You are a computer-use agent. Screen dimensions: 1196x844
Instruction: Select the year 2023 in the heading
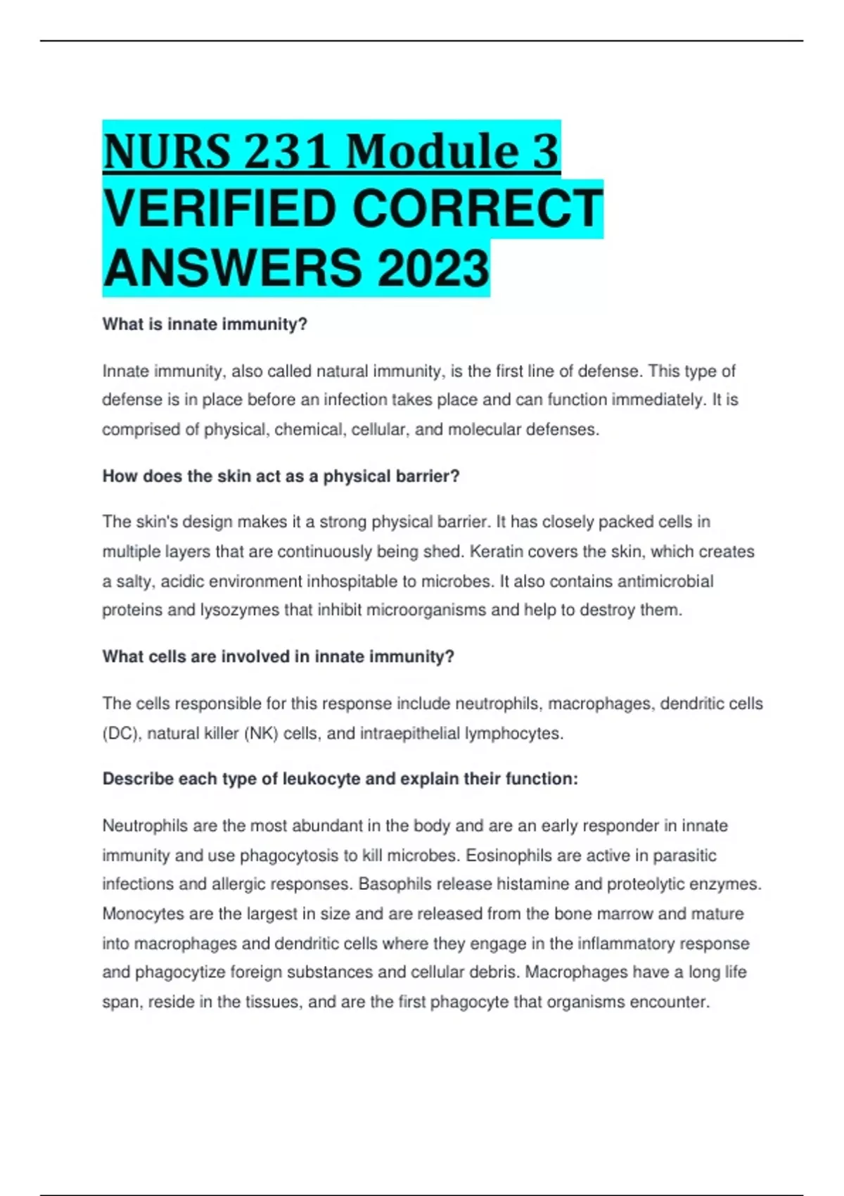pyautogui.click(x=433, y=269)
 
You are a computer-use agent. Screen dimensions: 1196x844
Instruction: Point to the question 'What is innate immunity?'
pyautogui.click(x=205, y=324)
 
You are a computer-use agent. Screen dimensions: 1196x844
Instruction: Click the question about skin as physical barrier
pyautogui.click(x=281, y=476)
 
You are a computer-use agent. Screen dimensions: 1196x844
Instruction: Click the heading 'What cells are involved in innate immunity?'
pyautogui.click(x=278, y=656)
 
